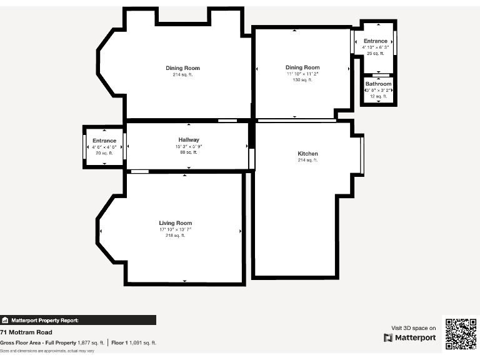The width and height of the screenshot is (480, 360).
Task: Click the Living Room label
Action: pos(175,223)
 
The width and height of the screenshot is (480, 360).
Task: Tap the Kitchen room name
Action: pos(307,154)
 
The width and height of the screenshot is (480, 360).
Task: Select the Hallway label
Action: pos(188,140)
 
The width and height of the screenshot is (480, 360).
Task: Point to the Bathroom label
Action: pos(378,84)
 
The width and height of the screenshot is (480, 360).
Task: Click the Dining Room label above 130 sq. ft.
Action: pos(302,67)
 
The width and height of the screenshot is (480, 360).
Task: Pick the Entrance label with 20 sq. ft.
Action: pos(104,141)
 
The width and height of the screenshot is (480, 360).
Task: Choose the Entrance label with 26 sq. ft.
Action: pos(376,41)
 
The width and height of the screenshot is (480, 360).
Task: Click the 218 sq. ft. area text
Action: pos(175,236)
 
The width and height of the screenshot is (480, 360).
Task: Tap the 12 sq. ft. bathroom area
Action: pos(378,96)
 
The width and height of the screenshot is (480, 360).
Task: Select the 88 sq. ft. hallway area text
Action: pos(188,152)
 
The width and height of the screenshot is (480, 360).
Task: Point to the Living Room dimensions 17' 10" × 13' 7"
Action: pos(175,229)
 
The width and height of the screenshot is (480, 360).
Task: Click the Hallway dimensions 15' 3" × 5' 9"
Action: pos(188,146)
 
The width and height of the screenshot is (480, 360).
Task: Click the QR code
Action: pos(460,334)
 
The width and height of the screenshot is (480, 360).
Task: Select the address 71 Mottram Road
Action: pos(26,332)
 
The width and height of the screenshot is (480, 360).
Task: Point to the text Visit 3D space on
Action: pos(413,327)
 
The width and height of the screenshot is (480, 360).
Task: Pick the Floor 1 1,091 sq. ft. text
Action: pos(134,342)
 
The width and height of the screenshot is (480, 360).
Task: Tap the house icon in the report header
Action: pos(6,320)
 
